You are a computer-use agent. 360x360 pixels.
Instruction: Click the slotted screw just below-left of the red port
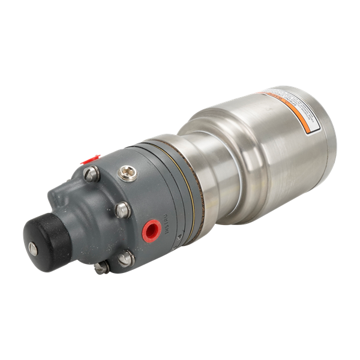tap(127, 259)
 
